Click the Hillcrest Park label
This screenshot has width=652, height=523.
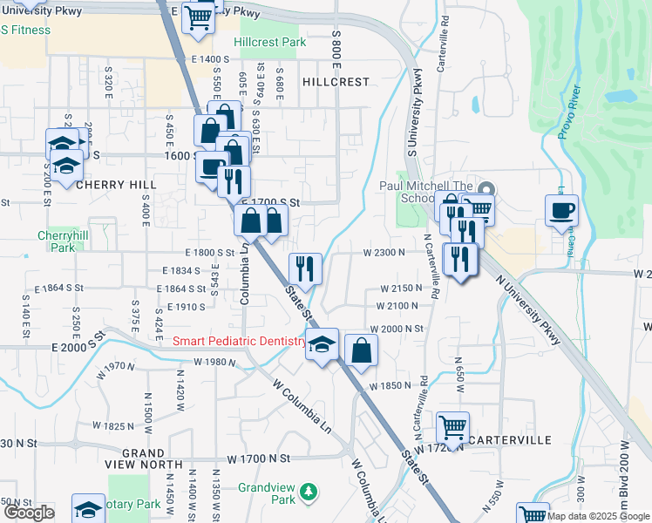pyautogui.click(x=270, y=42)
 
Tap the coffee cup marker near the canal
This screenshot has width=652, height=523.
pyautogui.click(x=561, y=210)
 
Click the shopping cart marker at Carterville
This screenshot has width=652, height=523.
pyautogui.click(x=452, y=427)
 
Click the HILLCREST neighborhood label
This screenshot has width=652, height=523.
pyautogui.click(x=336, y=81)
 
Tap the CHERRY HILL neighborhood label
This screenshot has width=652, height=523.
pyautogui.click(x=116, y=185)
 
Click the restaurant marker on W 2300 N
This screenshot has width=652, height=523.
pyautogui.click(x=304, y=267)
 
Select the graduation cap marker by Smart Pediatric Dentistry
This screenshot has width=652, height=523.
pyautogui.click(x=322, y=344)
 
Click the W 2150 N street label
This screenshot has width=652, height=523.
pyautogui.click(x=401, y=289)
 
